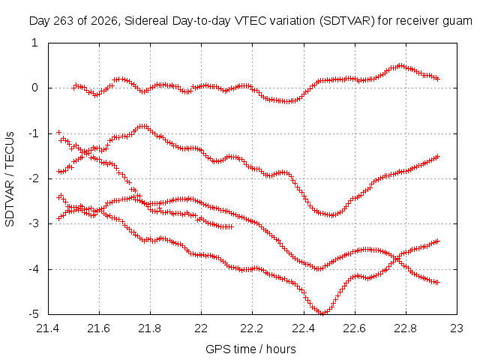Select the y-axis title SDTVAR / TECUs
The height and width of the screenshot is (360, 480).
coord(10,179)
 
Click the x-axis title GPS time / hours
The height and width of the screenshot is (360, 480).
coord(250,349)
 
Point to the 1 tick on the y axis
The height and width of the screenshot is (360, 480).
coord(34,43)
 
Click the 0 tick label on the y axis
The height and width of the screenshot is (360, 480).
coord(34,88)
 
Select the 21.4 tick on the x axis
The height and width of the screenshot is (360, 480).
coord(48,328)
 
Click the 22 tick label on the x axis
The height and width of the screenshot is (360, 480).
coord(201,328)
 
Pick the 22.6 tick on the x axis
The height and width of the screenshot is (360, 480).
coord(355,328)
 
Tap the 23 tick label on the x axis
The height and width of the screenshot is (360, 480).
coord(457,328)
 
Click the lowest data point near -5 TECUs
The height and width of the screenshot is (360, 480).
coord(322,313)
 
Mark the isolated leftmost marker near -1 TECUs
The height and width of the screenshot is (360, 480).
coord(59,132)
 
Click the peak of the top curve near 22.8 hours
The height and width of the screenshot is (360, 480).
coord(400,66)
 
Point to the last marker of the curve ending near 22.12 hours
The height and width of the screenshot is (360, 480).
coord(231,226)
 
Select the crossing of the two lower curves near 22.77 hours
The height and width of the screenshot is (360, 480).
coord(397,259)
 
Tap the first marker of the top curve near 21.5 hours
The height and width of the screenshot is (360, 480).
coord(73,88)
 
